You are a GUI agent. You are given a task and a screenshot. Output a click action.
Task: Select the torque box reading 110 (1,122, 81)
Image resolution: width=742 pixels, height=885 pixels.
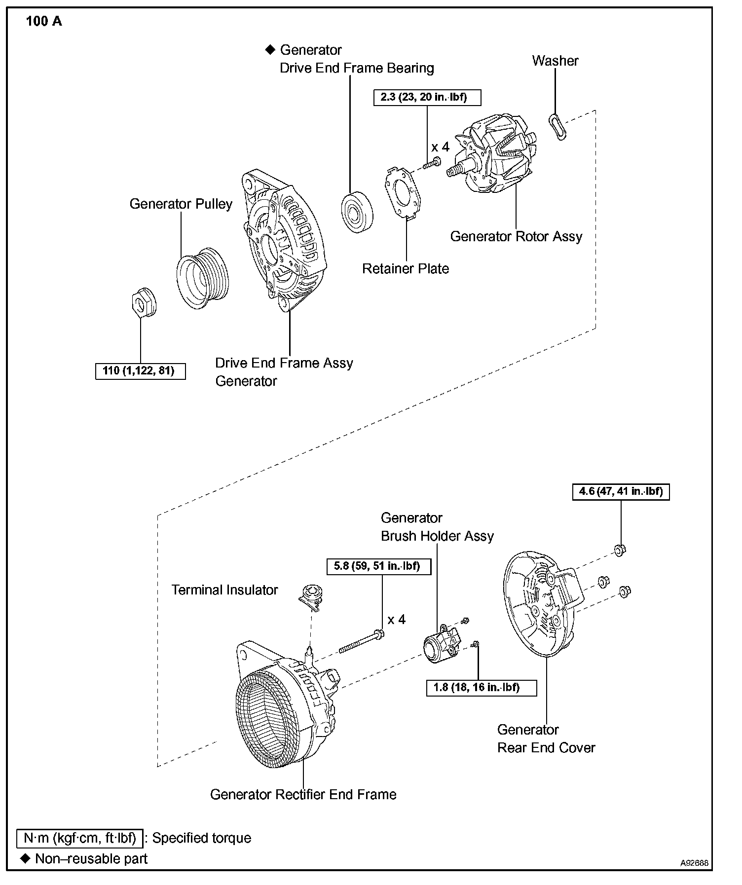click(x=140, y=371)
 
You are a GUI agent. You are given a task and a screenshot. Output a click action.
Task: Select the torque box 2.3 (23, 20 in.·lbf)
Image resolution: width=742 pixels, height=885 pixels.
click(x=427, y=97)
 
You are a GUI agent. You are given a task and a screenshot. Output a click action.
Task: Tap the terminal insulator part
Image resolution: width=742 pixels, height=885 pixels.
click(x=311, y=596)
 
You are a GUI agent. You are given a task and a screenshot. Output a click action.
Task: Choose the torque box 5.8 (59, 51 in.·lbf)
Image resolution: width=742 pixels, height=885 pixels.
click(x=378, y=566)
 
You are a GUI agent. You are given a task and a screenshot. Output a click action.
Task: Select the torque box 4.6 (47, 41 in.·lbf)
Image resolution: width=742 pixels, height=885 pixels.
click(x=621, y=492)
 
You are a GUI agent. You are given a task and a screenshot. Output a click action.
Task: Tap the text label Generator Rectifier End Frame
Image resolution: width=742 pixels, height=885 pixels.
click(x=303, y=794)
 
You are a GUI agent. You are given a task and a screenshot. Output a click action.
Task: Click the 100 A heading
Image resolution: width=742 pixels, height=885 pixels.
click(x=44, y=22)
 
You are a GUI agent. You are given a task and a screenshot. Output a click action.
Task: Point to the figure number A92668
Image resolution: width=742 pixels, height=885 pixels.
click(x=694, y=863)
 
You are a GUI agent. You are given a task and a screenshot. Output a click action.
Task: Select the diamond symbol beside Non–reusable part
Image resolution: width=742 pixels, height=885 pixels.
click(x=25, y=858)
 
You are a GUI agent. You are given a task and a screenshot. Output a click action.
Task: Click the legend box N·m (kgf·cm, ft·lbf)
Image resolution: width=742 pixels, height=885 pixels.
click(x=80, y=838)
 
